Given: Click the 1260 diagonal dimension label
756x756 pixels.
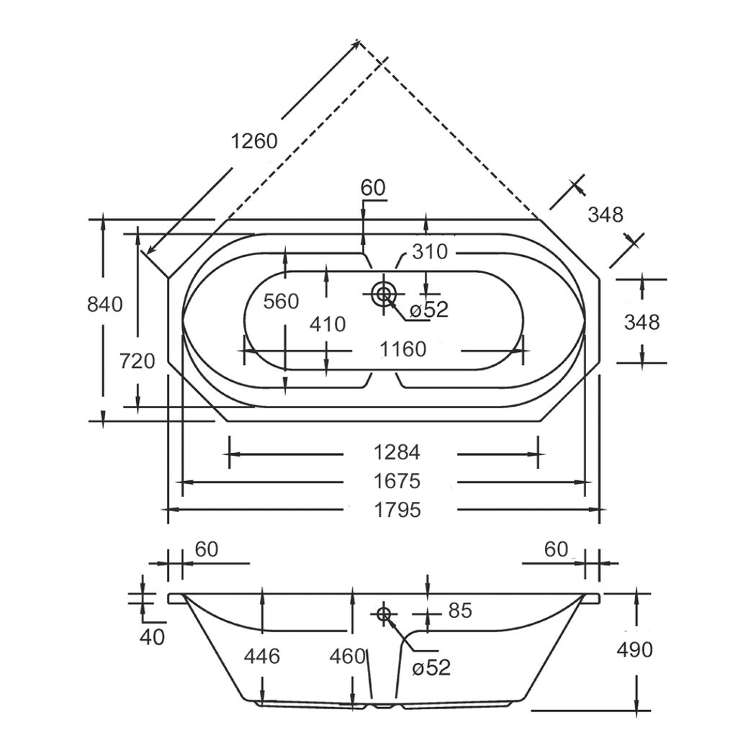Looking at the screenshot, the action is coord(254,141).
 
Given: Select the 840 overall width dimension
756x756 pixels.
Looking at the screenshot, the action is coord(104,305).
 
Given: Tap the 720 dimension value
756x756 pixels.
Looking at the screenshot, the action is coord(137,361).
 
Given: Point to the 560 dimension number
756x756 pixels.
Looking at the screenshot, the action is coord(281,302).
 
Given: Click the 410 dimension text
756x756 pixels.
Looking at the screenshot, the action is coord(328,325).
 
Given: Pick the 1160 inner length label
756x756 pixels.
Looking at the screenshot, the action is coord(402,349).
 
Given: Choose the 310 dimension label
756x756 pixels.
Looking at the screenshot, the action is coord(430,252).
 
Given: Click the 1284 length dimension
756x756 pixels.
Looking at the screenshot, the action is coord(397,452).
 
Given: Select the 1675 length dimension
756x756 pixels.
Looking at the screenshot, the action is coord(397,481).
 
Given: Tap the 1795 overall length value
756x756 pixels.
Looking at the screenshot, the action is coord(397,509).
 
